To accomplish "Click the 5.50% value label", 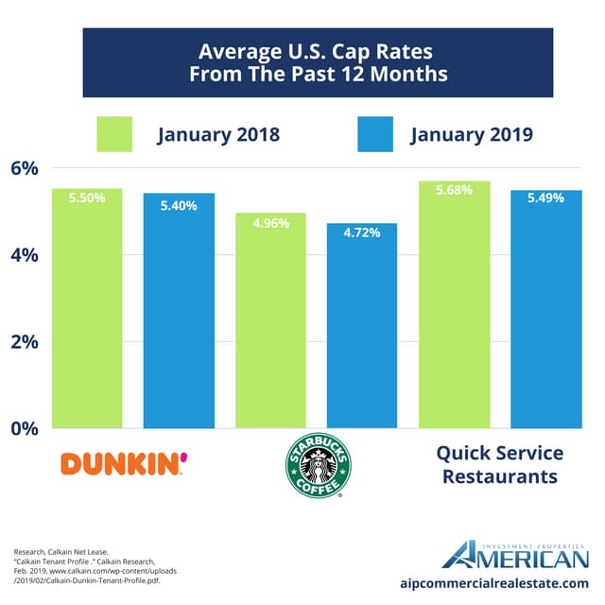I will (x=87, y=198).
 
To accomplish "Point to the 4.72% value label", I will (x=362, y=233).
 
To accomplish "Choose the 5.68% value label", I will (x=454, y=190).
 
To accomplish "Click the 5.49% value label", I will (x=545, y=199).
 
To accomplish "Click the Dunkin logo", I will (x=124, y=464).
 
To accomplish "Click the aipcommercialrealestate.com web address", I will (x=494, y=583).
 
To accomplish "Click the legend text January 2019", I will (x=472, y=134).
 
